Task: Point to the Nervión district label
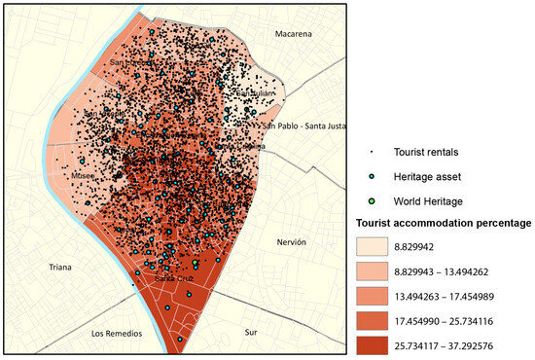[291, 242]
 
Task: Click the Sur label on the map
[251, 332]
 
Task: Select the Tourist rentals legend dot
[371, 152]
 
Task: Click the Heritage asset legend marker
[371, 176]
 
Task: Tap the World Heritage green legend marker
[371, 200]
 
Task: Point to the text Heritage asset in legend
[430, 176]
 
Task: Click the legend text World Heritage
[429, 200]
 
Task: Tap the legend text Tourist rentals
[429, 152]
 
